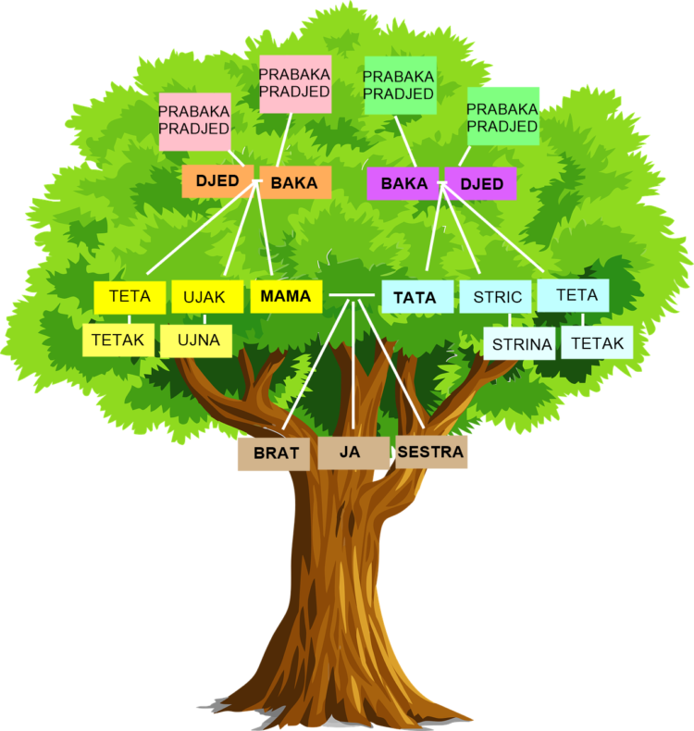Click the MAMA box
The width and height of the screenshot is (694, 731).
(286, 297)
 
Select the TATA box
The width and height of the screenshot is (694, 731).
(416, 298)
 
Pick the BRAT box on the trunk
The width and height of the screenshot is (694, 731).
(274, 454)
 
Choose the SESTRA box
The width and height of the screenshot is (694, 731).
(430, 452)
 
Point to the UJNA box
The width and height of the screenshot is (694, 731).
(196, 340)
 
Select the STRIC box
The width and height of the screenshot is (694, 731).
(496, 297)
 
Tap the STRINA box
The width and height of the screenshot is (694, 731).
(520, 344)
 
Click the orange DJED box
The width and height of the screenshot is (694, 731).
(217, 181)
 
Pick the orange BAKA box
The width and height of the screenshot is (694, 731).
(293, 183)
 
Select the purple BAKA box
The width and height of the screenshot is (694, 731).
(404, 183)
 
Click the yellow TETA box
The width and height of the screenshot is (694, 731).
(130, 296)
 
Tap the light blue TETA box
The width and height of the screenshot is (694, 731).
(574, 295)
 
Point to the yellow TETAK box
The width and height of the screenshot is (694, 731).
(118, 339)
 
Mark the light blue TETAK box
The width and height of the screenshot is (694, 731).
(597, 342)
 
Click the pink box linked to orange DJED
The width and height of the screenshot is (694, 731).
(194, 121)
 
